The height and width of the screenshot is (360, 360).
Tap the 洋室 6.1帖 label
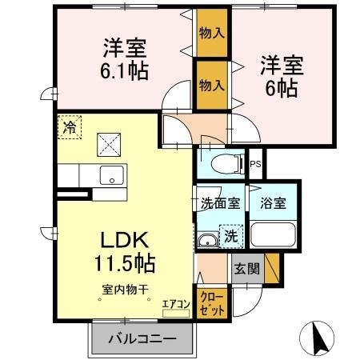pos(122,58)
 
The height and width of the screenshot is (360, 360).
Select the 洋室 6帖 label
pos(278,75)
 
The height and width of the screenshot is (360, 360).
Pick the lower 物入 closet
pos(210,84)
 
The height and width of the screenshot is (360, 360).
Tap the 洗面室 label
pos(219,202)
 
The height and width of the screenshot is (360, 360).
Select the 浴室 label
pos(273,202)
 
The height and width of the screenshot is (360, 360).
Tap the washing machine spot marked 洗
pos(230,237)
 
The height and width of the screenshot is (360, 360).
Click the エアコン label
pos(175,304)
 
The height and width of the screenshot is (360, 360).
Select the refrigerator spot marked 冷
pos(70,126)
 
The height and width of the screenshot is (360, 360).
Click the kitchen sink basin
pos(109,175)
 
